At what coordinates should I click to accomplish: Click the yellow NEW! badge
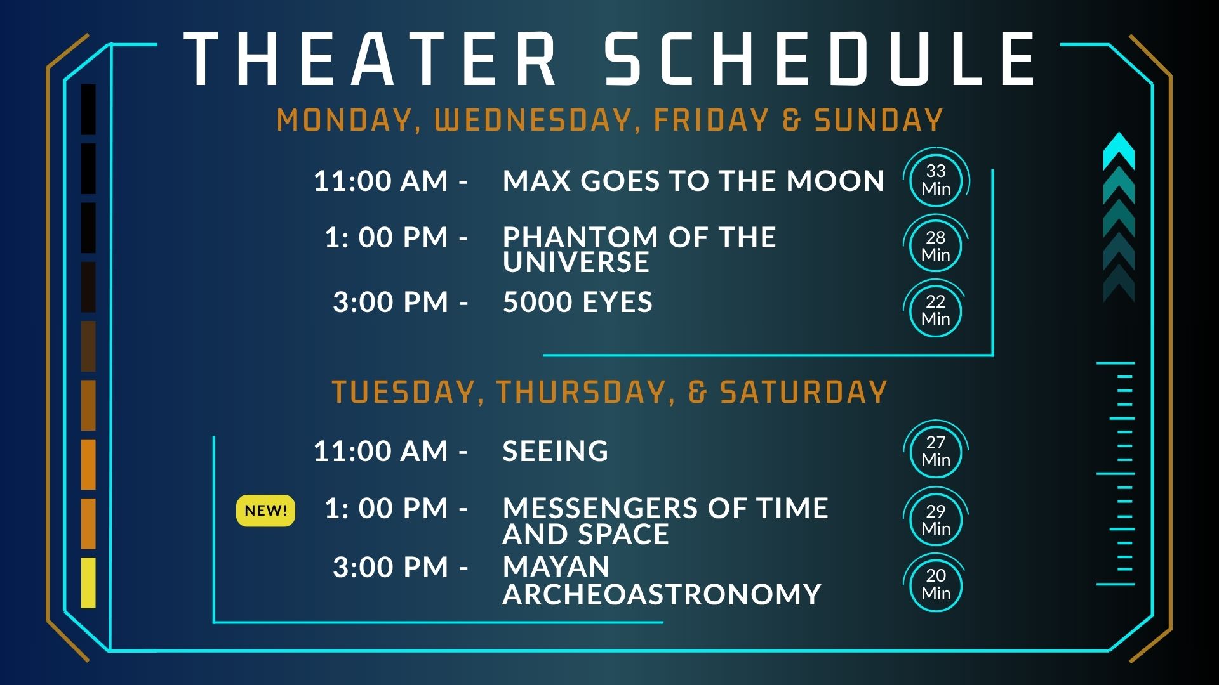pyautogui.click(x=265, y=511)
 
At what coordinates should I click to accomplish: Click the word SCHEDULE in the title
pyautogui.click(x=820, y=59)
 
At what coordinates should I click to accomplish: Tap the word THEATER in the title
pyautogui.click(x=371, y=59)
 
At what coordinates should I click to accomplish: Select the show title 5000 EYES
pyautogui.click(x=578, y=302)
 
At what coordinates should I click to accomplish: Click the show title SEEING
pyautogui.click(x=556, y=451)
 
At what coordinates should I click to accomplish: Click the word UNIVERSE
pyautogui.click(x=576, y=262)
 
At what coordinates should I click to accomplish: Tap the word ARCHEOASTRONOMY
pyautogui.click(x=662, y=594)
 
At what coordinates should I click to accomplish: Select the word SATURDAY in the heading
pyautogui.click(x=803, y=392)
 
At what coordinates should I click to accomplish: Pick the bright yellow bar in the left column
pyautogui.click(x=88, y=583)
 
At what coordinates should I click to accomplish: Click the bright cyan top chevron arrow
pyautogui.click(x=1119, y=151)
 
